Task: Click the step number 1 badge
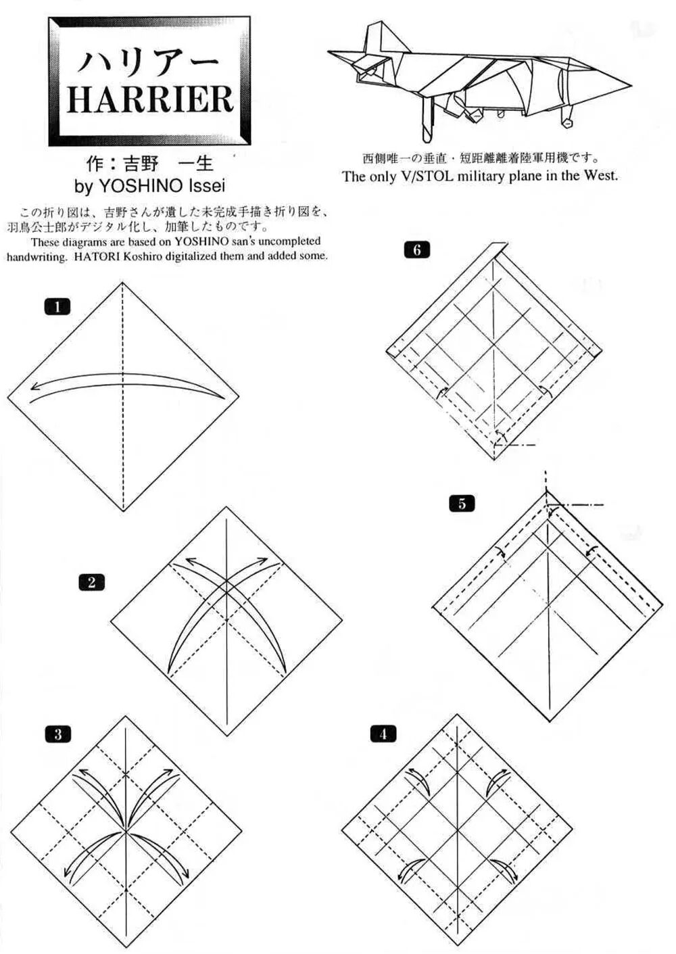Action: [57, 307]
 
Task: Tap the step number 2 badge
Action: [91, 582]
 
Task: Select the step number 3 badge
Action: [58, 734]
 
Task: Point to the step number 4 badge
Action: [383, 734]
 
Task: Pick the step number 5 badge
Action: [462, 504]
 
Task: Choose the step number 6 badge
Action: [416, 250]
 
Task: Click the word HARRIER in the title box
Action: [149, 99]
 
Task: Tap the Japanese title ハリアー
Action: [149, 62]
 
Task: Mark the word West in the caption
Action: [600, 176]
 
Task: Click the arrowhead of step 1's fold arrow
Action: [34, 387]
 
